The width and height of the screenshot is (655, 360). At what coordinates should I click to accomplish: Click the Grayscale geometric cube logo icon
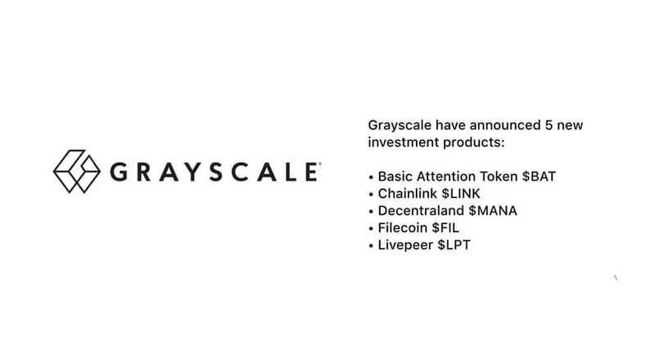(76, 173)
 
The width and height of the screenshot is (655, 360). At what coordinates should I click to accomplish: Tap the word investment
(403, 144)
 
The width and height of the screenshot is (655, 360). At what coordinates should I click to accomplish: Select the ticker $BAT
(541, 177)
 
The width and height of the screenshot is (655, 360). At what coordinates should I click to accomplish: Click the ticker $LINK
(468, 194)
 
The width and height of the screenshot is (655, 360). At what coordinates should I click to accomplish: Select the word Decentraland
(418, 210)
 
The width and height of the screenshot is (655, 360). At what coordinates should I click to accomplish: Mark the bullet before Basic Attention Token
(372, 178)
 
